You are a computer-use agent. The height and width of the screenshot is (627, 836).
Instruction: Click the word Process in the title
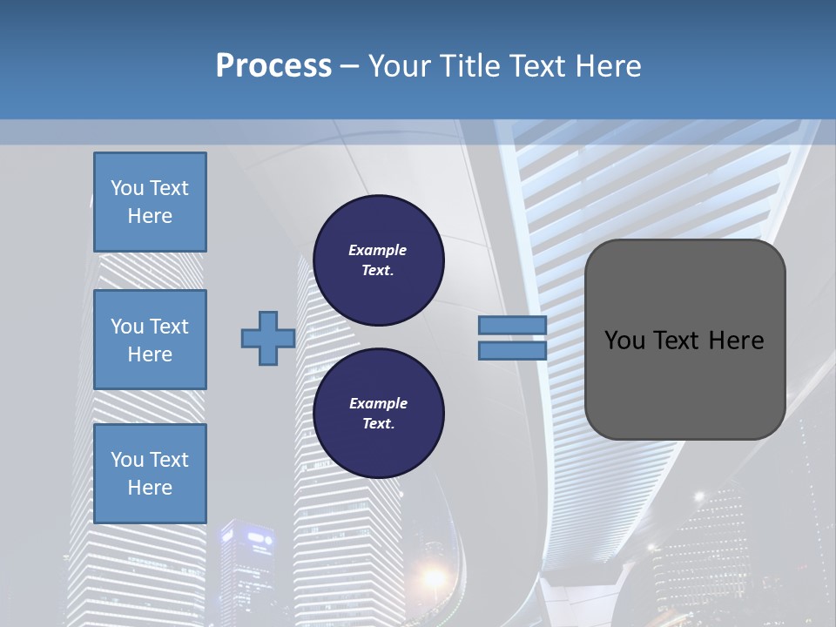tap(273, 66)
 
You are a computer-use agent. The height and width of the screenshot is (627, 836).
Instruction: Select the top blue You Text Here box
tap(150, 202)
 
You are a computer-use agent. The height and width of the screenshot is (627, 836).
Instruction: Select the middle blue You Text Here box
tap(150, 340)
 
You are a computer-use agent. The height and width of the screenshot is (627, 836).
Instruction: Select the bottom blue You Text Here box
tap(150, 474)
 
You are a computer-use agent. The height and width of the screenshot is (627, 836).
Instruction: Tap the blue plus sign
tap(268, 339)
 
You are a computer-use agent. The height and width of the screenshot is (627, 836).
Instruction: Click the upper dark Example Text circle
tap(378, 260)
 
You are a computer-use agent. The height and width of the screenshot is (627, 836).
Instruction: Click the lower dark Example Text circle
tap(378, 414)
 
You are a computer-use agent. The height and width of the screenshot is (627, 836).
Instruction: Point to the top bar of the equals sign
tap(512, 326)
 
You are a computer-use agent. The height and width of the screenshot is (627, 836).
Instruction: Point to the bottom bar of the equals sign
tap(512, 350)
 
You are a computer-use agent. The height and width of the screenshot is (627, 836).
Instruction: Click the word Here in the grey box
tap(736, 340)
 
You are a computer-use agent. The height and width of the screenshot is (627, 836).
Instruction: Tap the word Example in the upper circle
tap(378, 250)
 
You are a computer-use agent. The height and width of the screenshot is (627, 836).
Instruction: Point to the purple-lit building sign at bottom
tap(260, 540)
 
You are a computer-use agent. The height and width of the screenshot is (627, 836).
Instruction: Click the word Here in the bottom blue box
tap(150, 488)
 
